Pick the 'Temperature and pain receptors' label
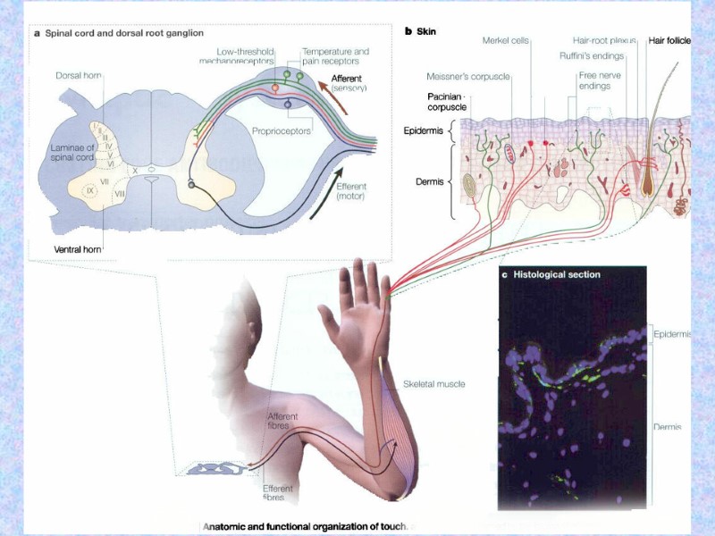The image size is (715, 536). [x=335, y=55]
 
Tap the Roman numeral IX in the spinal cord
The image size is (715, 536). [x=89, y=189]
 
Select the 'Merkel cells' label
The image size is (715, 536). [x=508, y=40]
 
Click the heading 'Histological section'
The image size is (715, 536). [x=556, y=274]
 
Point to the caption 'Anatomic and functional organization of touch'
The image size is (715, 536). [x=308, y=526]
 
